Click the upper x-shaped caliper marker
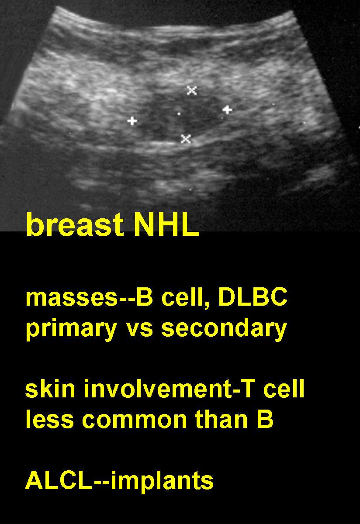coord(192,90)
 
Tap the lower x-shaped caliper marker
coord(186,139)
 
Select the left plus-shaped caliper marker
coord(132,121)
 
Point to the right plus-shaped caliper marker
coord(227,110)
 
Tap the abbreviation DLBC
coord(253,296)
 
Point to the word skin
coord(50,388)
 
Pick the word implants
coord(162,483)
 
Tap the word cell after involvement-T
coord(284,388)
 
